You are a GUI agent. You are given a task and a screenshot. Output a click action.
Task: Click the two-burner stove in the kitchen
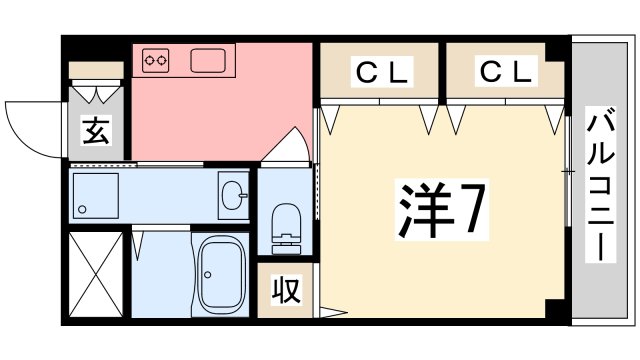pyautogui.click(x=155, y=60)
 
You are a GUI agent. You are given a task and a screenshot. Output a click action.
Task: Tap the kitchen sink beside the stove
pyautogui.click(x=209, y=60)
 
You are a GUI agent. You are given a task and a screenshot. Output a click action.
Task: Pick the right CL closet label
pyautogui.click(x=508, y=71)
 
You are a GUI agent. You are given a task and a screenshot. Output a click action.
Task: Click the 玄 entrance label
pyautogui.click(x=96, y=131)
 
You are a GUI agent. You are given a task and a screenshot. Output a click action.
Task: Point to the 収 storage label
pyautogui.click(x=285, y=291)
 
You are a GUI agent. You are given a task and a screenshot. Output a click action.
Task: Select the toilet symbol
pyautogui.click(x=286, y=226)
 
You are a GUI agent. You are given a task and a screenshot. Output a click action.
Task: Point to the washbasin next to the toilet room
pyautogui.click(x=233, y=194)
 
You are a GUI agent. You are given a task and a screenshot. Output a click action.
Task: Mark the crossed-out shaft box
pyautogui.click(x=96, y=275)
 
